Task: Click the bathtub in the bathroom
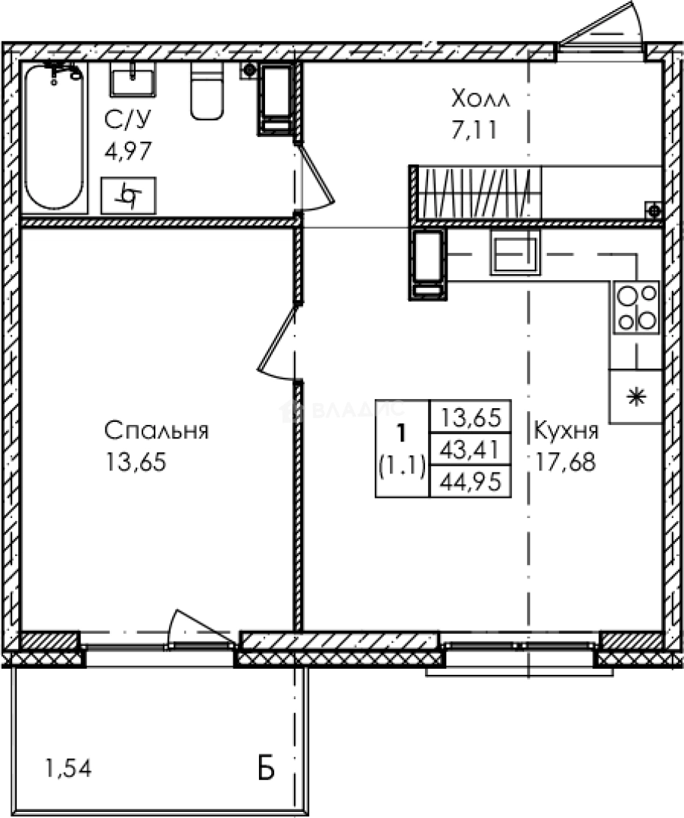[55, 137]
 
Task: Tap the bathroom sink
[133, 80]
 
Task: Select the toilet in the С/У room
[207, 91]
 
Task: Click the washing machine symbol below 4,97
[128, 195]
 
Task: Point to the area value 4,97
[128, 151]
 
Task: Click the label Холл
[480, 98]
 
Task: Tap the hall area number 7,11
[474, 130]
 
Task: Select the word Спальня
[157, 431]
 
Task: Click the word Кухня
[567, 432]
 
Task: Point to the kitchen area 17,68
[566, 462]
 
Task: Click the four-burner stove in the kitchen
[636, 308]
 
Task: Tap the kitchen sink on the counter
[515, 252]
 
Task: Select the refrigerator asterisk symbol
[636, 398]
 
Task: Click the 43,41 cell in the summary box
[470, 449]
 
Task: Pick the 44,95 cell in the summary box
[470, 481]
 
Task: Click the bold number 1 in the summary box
[401, 433]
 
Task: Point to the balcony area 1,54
[69, 768]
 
